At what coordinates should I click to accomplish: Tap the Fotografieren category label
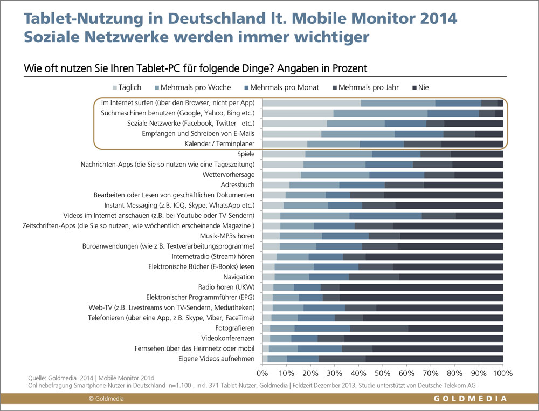point(236,328)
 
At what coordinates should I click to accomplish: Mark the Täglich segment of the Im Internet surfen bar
point(312,103)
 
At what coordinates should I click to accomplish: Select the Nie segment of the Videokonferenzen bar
point(424,338)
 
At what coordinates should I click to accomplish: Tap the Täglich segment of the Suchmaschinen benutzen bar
point(298,113)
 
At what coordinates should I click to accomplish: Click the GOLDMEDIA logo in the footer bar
point(471,399)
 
